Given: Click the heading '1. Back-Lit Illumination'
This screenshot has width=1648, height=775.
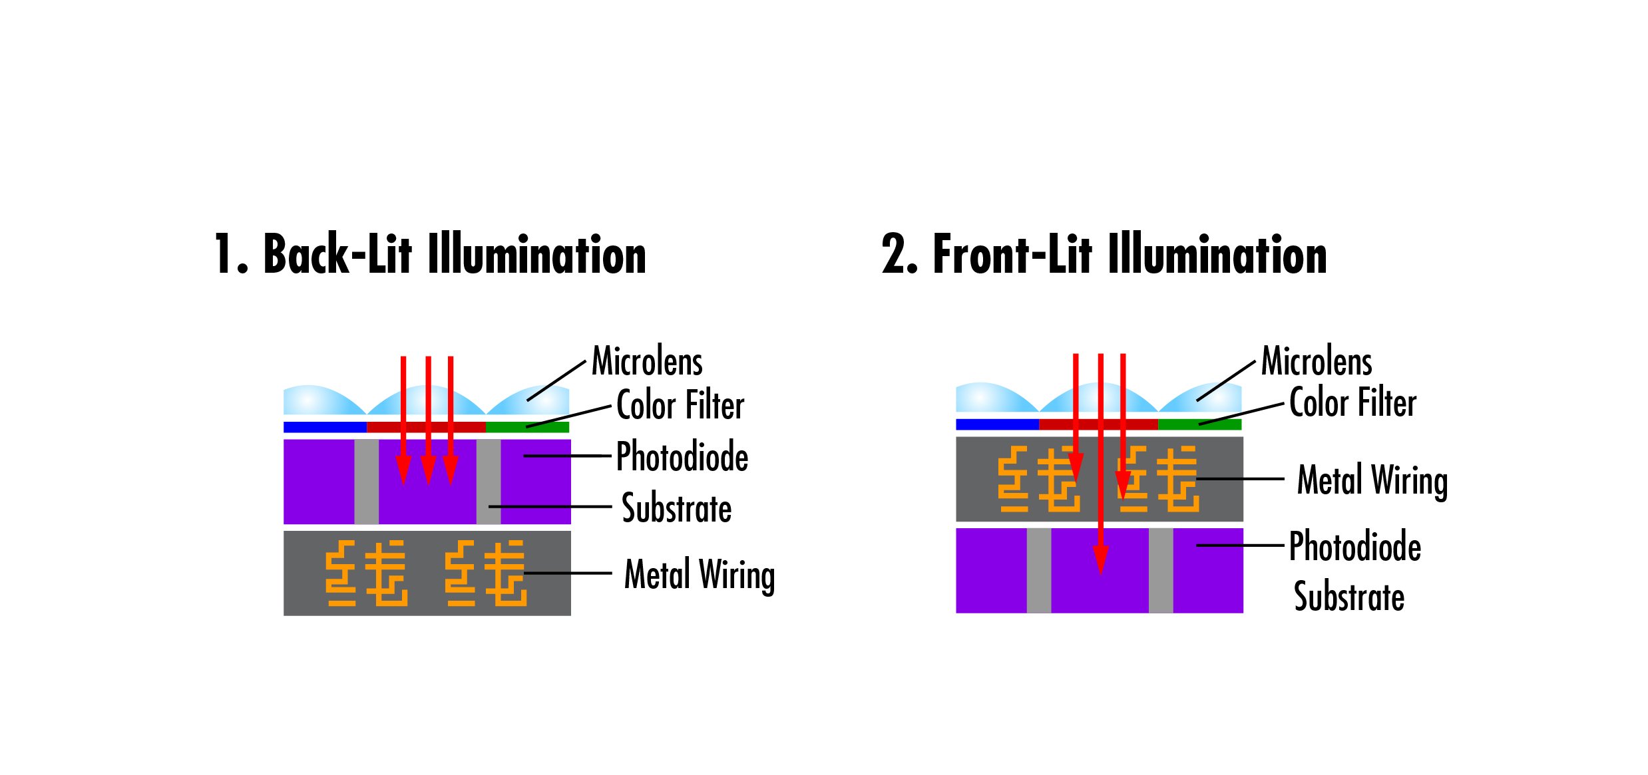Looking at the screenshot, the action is click(430, 253).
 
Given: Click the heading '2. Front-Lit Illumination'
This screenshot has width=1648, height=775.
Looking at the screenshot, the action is click(1104, 253).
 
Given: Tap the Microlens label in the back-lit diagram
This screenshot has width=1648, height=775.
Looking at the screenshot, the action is click(647, 361).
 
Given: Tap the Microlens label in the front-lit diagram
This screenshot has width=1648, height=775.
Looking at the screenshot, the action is click(1317, 361).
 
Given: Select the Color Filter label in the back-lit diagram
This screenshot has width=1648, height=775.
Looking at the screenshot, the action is click(680, 404).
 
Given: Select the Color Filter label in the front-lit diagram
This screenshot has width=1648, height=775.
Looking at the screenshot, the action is click(1352, 402).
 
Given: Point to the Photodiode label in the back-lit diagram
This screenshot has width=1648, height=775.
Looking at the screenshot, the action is click(682, 456).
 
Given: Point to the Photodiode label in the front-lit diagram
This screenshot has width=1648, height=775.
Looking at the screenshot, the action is click(1355, 546).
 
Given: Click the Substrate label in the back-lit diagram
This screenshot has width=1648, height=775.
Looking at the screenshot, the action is click(676, 508).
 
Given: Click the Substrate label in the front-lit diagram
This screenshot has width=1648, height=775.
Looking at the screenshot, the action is click(1349, 596).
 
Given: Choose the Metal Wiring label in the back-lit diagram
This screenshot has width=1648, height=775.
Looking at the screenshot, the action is click(700, 575).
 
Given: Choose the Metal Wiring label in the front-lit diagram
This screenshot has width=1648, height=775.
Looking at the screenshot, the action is click(1372, 480).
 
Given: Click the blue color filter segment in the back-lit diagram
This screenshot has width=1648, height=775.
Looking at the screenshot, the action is click(325, 427).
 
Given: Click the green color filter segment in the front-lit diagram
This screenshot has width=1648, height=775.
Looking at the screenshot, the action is click(1199, 424).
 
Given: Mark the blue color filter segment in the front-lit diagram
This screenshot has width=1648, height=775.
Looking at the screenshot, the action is click(997, 424).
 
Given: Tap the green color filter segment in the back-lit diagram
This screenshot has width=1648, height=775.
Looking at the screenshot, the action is click(527, 427).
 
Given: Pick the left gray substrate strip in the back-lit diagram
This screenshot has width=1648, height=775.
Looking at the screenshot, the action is click(366, 482).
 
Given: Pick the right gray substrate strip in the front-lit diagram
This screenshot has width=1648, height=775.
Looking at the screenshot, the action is click(1161, 571).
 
